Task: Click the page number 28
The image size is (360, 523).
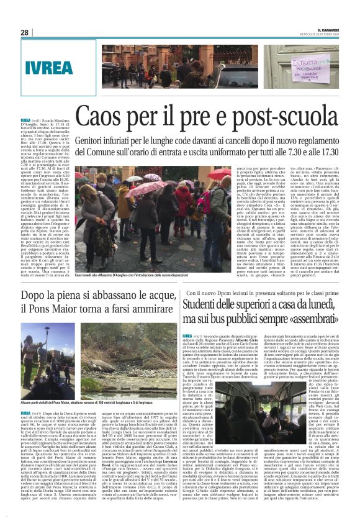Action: point(24,32)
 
